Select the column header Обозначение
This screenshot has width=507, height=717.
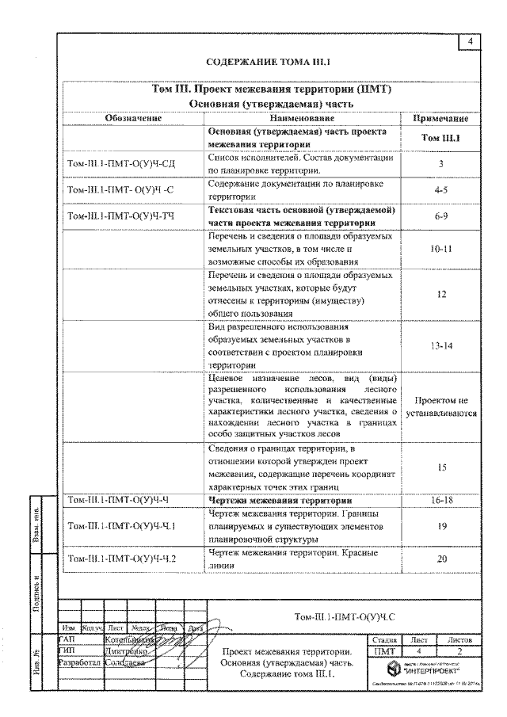pyautogui.click(x=133, y=118)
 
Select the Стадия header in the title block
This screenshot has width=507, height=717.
pyautogui.click(x=383, y=638)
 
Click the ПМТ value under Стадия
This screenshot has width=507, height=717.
pyautogui.click(x=383, y=650)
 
